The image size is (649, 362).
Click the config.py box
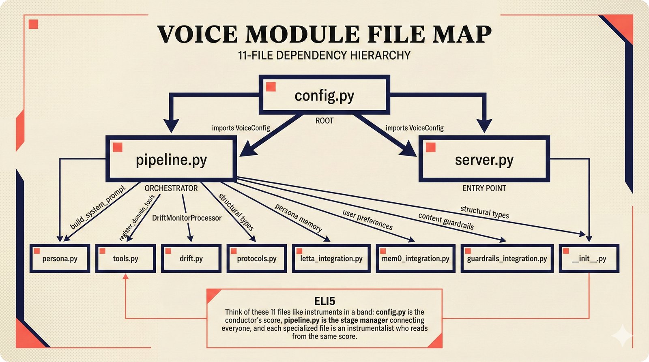[x=324, y=95]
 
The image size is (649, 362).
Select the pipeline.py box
[x=171, y=159]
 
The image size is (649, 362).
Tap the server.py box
[x=484, y=159]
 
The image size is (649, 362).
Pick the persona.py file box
[x=60, y=259]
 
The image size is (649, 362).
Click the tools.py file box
[x=125, y=259]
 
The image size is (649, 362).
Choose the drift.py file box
[x=191, y=259]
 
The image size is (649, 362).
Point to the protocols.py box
[x=256, y=259]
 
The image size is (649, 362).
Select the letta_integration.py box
[x=331, y=259]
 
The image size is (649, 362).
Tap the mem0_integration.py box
[x=415, y=259]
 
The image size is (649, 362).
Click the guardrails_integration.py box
[x=507, y=259]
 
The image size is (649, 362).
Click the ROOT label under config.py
[x=324, y=121]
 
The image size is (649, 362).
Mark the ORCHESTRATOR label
[x=171, y=188]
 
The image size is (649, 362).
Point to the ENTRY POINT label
[x=484, y=188]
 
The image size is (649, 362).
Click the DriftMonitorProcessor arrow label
[x=187, y=218]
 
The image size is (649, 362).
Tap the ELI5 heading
[x=324, y=301]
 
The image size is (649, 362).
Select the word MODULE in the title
[x=302, y=34]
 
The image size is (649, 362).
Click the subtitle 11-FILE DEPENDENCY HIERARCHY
[x=324, y=55]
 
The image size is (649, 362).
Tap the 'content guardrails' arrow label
[x=446, y=221]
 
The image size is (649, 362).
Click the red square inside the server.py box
[x=431, y=147]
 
